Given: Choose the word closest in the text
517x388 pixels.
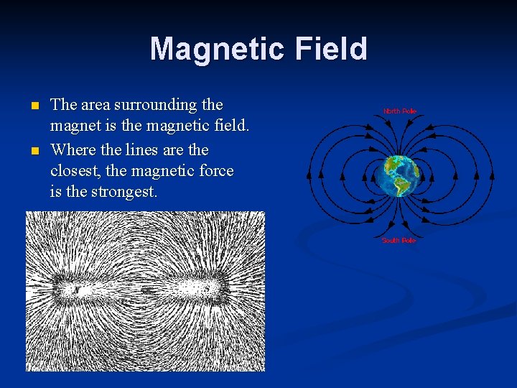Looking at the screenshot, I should point(77,171).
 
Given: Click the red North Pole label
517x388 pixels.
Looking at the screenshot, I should point(399,111).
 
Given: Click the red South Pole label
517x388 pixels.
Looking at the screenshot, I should point(399,240).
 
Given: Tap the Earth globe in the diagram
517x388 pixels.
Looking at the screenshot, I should point(399,176).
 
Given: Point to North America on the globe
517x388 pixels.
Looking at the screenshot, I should point(393,167).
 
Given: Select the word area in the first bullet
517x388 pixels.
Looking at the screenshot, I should point(96,105).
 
